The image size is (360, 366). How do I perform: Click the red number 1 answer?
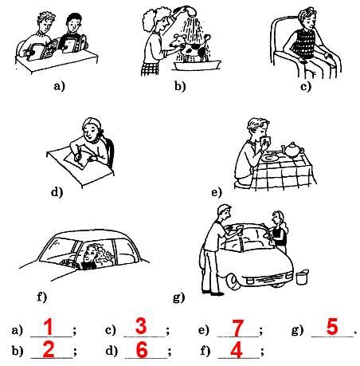[49, 327]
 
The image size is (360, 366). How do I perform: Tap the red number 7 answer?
[237, 328]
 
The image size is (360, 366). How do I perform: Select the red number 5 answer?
[332, 327]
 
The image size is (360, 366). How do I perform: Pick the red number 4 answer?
[237, 350]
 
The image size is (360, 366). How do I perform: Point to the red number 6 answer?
[142, 350]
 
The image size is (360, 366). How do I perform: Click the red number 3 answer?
[141, 326]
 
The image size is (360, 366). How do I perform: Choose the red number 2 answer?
[49, 350]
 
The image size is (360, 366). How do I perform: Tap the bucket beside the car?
[302, 277]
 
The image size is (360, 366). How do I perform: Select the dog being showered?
[190, 47]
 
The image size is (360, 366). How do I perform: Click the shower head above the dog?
[190, 12]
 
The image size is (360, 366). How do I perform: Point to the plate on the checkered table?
[270, 158]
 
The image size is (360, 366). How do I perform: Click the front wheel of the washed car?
[233, 281]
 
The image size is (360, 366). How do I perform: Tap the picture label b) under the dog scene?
[180, 86]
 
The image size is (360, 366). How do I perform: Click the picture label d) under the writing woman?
[57, 192]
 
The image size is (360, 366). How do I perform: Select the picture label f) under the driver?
[41, 297]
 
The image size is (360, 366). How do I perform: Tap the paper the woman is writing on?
[77, 161]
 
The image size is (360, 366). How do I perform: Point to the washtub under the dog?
[197, 65]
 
